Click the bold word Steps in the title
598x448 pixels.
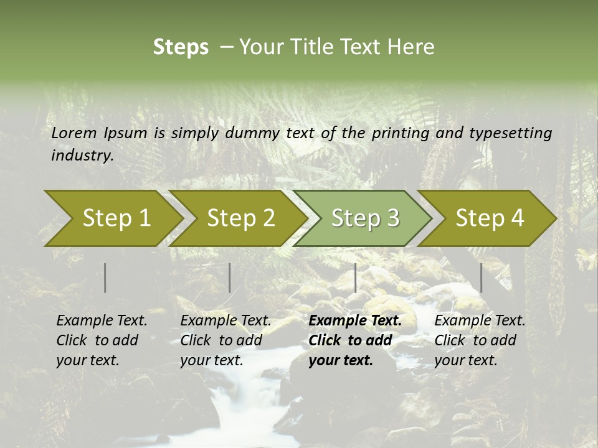pos(181,47)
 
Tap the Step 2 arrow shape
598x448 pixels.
pos(240,218)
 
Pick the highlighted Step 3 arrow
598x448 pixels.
pos(365,218)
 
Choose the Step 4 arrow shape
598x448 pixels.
pos(490,218)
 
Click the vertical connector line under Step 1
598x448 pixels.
pos(105,278)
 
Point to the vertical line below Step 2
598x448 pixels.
pos(230,278)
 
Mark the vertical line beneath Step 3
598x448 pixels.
pos(355,278)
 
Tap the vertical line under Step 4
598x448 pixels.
pos(481,278)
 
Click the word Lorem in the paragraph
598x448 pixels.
pos(74,133)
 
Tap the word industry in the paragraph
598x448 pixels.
pos(82,155)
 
